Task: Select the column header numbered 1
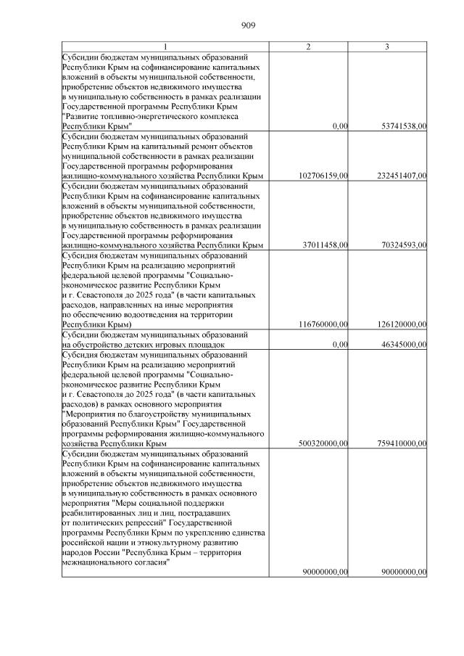pyautogui.click(x=165, y=46)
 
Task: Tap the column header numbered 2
pyautogui.click(x=308, y=46)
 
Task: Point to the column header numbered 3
pyautogui.click(x=387, y=46)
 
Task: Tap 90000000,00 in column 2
pyautogui.click(x=323, y=572)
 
